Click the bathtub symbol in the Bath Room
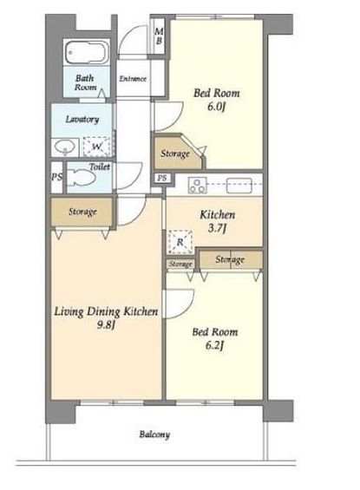tap(86, 52)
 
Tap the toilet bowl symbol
tap(82, 179)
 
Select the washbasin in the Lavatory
tap(65, 147)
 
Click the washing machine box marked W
tap(96, 147)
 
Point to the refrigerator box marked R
tap(180, 242)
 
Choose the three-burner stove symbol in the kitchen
tap(197, 185)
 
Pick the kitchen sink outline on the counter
tap(239, 185)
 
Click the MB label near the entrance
tap(159, 36)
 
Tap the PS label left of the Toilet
tap(56, 177)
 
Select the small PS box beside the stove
tap(162, 178)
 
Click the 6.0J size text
tap(216, 107)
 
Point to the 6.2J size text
tap(214, 345)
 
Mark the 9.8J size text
tap(106, 325)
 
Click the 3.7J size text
tap(217, 228)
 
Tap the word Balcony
tap(154, 434)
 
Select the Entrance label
tap(133, 78)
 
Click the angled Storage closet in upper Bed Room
tap(178, 152)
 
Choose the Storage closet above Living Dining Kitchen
tap(82, 212)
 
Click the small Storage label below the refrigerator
tap(180, 265)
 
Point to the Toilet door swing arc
tap(135, 181)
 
